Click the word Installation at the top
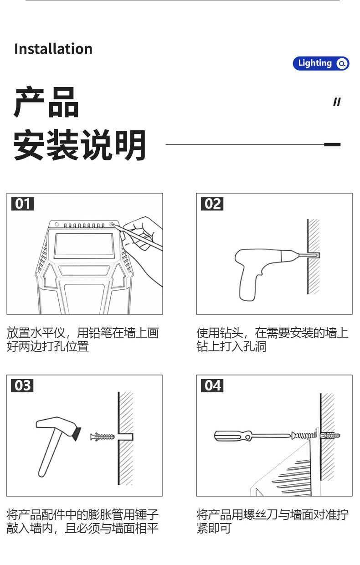coord(53,49)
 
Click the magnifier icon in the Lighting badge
coord(342,64)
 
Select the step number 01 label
coord(22,204)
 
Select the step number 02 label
coord(212,204)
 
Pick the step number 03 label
coord(22,385)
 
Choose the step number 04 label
coord(212,385)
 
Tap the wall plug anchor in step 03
coord(103,437)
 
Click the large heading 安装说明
coord(80,145)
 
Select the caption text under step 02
coord(272,339)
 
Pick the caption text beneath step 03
coord(82,522)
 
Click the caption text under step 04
coord(272,522)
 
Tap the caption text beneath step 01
coord(82,339)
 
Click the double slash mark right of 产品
coord(337,102)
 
